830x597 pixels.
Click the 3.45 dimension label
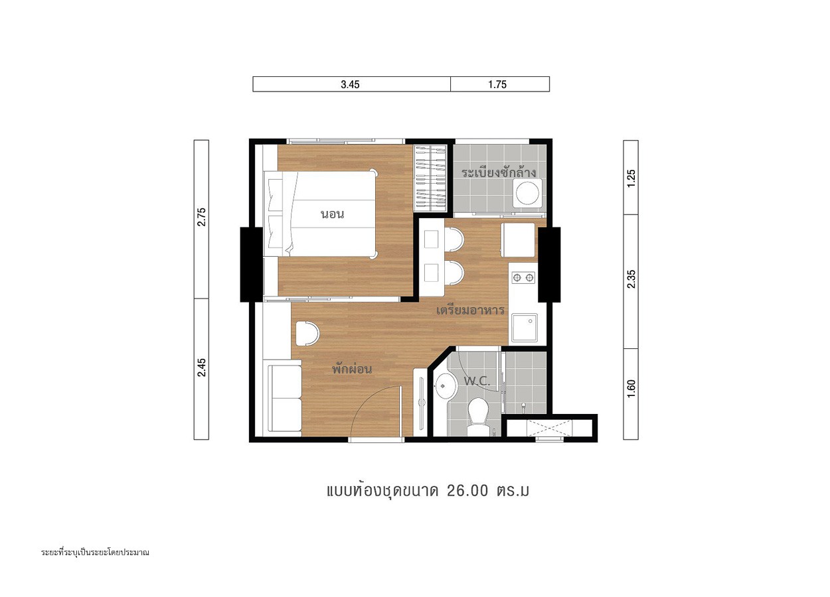coord(350,84)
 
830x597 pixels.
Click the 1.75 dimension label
coord(497,84)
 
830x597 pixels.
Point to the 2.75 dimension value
coord(201,218)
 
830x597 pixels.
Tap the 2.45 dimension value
coord(201,367)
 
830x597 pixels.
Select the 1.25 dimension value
coord(631,178)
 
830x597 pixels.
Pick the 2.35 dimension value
coord(631,279)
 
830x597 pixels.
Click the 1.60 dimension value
coord(631,389)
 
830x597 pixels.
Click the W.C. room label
coord(477,381)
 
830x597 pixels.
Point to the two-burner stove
coord(523,277)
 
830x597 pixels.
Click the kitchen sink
coord(525,328)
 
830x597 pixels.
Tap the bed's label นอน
coord(332,214)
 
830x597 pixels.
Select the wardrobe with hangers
coord(430,178)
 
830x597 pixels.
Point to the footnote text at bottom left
coord(95,553)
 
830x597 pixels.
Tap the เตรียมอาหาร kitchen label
coord(470,310)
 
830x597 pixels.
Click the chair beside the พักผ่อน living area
coord(307,334)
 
